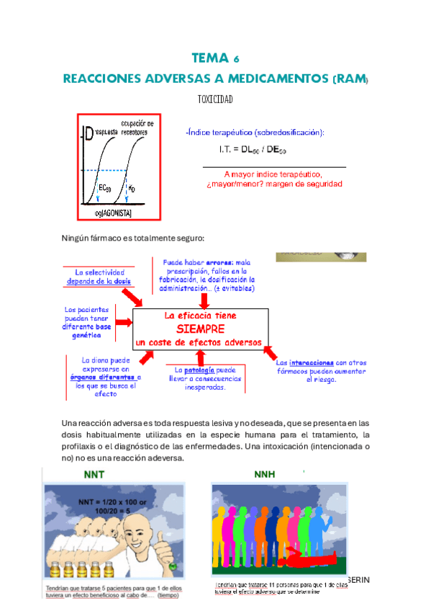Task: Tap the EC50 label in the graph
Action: tap(104, 189)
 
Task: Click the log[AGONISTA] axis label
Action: tap(119, 213)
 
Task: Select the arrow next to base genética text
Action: tap(119, 323)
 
